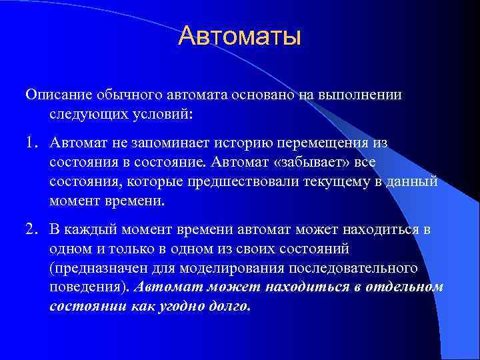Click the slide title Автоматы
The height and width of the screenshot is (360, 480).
coord(240,36)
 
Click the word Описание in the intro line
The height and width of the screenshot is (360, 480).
coord(55,95)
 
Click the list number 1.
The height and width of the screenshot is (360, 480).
coord(31,143)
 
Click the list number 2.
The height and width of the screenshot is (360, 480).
coord(31,230)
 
